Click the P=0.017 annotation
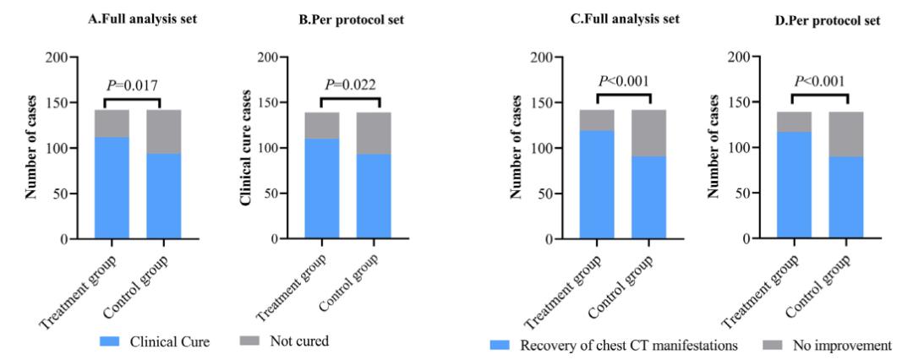(132, 85)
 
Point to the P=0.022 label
(351, 85)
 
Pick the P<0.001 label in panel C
(624, 81)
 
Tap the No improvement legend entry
(828, 346)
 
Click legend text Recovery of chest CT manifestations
(614, 346)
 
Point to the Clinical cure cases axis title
(246, 148)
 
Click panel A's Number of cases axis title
(31, 148)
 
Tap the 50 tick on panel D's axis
(745, 194)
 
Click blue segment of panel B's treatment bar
(322, 188)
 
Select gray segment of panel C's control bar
(649, 133)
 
